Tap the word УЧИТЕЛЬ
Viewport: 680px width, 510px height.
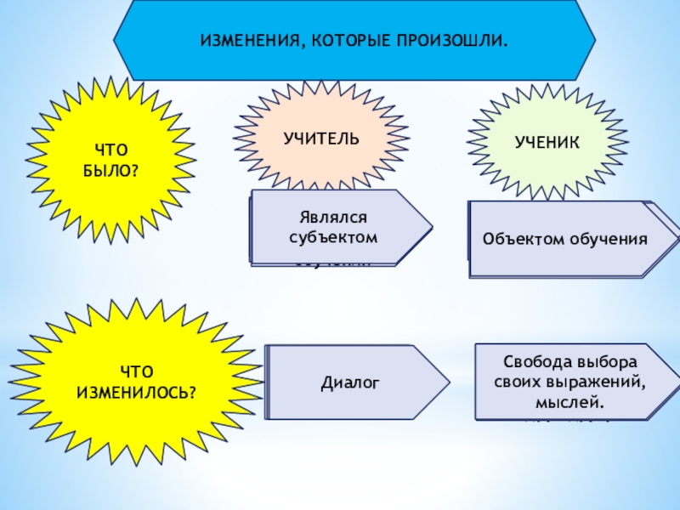pyautogui.click(x=320, y=139)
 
